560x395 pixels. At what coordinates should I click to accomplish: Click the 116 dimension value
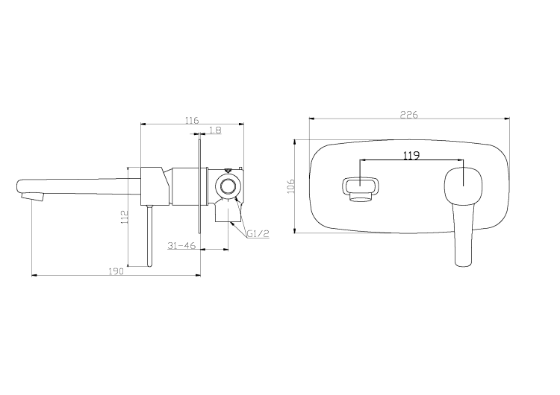(x=191, y=119)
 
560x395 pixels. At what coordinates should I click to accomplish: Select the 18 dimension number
(x=215, y=130)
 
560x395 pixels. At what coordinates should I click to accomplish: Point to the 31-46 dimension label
(x=182, y=245)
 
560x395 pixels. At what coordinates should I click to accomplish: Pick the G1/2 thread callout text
(x=258, y=233)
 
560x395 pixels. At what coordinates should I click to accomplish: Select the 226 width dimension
(x=408, y=114)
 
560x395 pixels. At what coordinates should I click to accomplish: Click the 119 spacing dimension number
(x=411, y=156)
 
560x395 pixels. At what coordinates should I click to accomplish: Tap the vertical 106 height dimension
(x=292, y=186)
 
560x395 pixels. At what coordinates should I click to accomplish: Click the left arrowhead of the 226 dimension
(x=311, y=118)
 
